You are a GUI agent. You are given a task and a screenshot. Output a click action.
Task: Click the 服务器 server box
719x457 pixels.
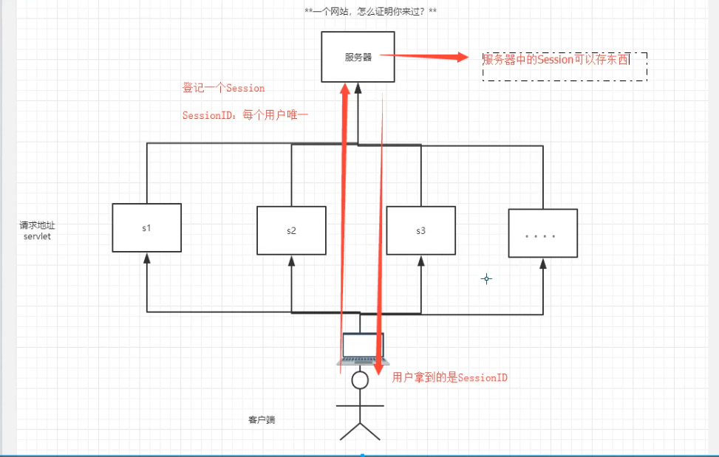click(358, 57)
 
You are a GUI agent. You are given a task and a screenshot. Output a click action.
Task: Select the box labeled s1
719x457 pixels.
click(146, 227)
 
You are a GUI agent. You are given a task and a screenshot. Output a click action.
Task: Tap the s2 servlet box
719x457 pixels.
click(291, 230)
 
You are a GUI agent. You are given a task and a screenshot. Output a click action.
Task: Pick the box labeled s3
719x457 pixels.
click(420, 230)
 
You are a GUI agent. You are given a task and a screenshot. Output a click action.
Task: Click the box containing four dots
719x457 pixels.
click(542, 233)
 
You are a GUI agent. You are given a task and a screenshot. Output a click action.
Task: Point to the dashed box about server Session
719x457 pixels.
click(565, 66)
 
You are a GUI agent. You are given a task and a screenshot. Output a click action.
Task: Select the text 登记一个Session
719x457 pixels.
click(223, 88)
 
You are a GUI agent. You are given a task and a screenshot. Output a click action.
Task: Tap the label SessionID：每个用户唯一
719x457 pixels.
click(245, 115)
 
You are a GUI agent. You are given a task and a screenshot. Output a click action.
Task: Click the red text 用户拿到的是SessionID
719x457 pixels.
click(450, 377)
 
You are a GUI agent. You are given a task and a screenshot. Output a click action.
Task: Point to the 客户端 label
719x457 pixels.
click(262, 419)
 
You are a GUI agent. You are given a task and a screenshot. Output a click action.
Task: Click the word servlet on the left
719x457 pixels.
click(37, 236)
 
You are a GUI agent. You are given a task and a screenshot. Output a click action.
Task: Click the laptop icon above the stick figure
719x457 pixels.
click(361, 348)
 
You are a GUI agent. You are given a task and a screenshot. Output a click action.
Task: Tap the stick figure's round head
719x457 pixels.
click(360, 380)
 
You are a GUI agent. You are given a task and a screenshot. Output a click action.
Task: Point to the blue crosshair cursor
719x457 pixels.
click(486, 278)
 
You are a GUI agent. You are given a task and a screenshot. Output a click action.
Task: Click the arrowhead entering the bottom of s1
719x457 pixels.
click(146, 257)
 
